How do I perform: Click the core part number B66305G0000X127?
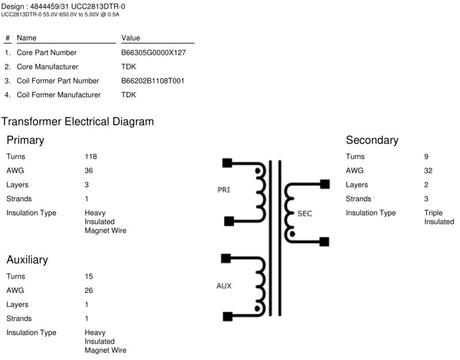tap(153, 52)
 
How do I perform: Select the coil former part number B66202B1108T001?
tap(152, 81)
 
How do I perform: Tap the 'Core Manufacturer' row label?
tap(47, 67)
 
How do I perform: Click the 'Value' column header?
tap(131, 38)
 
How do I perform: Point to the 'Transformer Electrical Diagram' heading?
tap(78, 122)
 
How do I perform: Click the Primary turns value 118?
tap(91, 156)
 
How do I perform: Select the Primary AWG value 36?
tap(89, 171)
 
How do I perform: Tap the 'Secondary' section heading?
tap(372, 140)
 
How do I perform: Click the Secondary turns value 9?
tap(427, 156)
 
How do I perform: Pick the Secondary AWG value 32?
tap(428, 171)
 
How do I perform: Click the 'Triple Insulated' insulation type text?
tap(439, 217)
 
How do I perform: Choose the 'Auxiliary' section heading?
tap(27, 260)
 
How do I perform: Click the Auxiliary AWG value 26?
tap(89, 290)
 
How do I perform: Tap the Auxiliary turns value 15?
tap(89, 277)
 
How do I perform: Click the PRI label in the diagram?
tap(224, 190)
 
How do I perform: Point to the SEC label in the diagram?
tap(305, 213)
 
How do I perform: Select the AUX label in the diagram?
tap(224, 285)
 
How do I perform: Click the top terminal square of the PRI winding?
tap(227, 163)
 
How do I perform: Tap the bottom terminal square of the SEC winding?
tap(325, 242)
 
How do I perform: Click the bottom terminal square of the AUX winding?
tap(227, 316)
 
